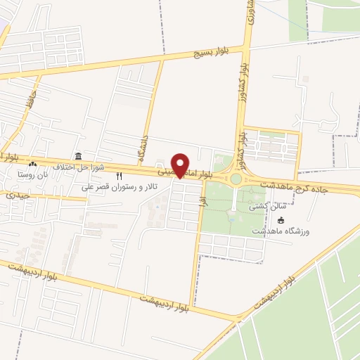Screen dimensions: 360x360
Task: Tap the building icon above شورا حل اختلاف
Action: pos(77,156)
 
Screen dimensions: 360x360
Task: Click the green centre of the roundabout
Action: pos(236,179)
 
